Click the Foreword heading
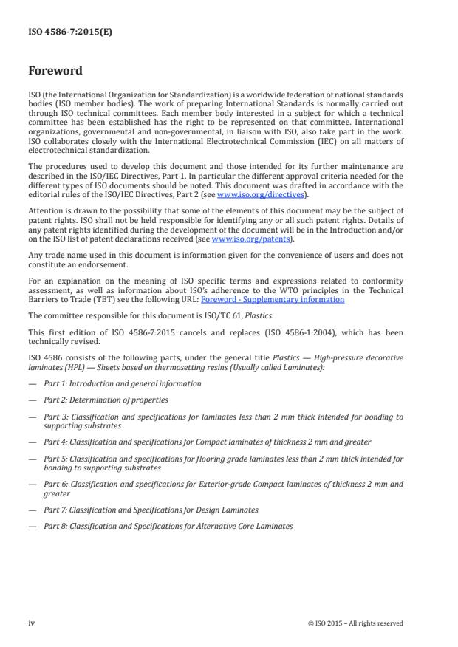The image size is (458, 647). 55,72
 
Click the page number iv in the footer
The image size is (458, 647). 32,623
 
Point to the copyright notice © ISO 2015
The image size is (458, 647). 355,623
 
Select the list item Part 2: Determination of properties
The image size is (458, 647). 106,400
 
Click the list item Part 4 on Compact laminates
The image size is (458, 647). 207,442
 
